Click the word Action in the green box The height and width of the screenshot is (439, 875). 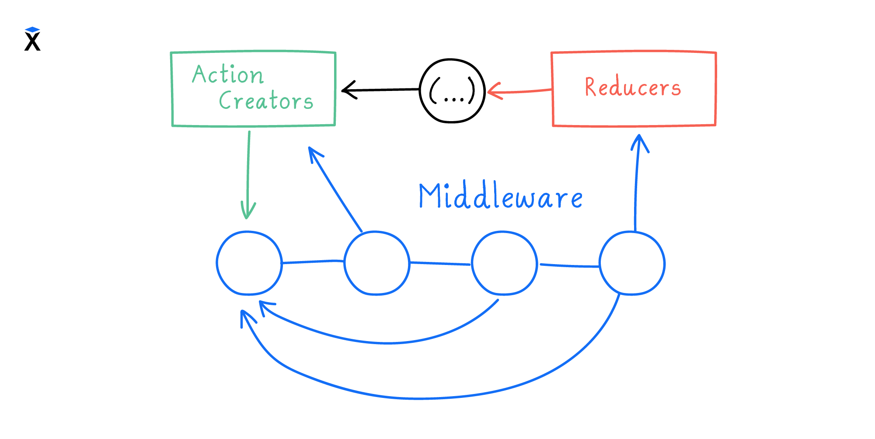tap(228, 74)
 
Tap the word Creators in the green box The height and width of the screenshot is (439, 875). tap(266, 101)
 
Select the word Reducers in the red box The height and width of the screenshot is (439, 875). tap(633, 87)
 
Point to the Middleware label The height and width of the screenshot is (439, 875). tap(501, 196)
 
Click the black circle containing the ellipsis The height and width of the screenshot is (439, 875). tap(452, 91)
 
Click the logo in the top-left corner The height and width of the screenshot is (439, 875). tap(32, 39)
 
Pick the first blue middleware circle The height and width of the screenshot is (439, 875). tap(249, 263)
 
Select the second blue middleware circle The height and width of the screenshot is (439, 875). tap(376, 263)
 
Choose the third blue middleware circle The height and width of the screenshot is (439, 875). tap(504, 263)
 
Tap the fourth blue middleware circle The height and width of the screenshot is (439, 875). tap(632, 264)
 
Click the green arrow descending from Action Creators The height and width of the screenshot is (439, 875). tap(248, 175)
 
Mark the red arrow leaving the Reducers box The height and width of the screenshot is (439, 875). tap(520, 91)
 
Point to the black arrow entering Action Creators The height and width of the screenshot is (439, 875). tap(380, 90)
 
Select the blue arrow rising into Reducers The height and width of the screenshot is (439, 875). tap(636, 184)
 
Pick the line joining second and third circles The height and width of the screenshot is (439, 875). tap(440, 264)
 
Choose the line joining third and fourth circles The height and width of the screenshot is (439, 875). tap(568, 265)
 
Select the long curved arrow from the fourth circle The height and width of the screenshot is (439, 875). tap(420, 398)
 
